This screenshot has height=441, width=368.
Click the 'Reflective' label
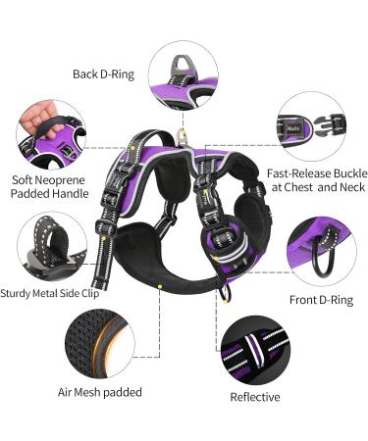(x=255, y=397)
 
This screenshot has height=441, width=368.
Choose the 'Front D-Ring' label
(x=319, y=299)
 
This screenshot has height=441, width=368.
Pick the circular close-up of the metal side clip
(x=51, y=245)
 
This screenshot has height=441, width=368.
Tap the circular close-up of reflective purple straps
(x=255, y=349)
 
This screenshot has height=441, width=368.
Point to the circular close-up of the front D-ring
(x=320, y=251)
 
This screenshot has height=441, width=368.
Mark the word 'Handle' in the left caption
(x=71, y=194)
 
